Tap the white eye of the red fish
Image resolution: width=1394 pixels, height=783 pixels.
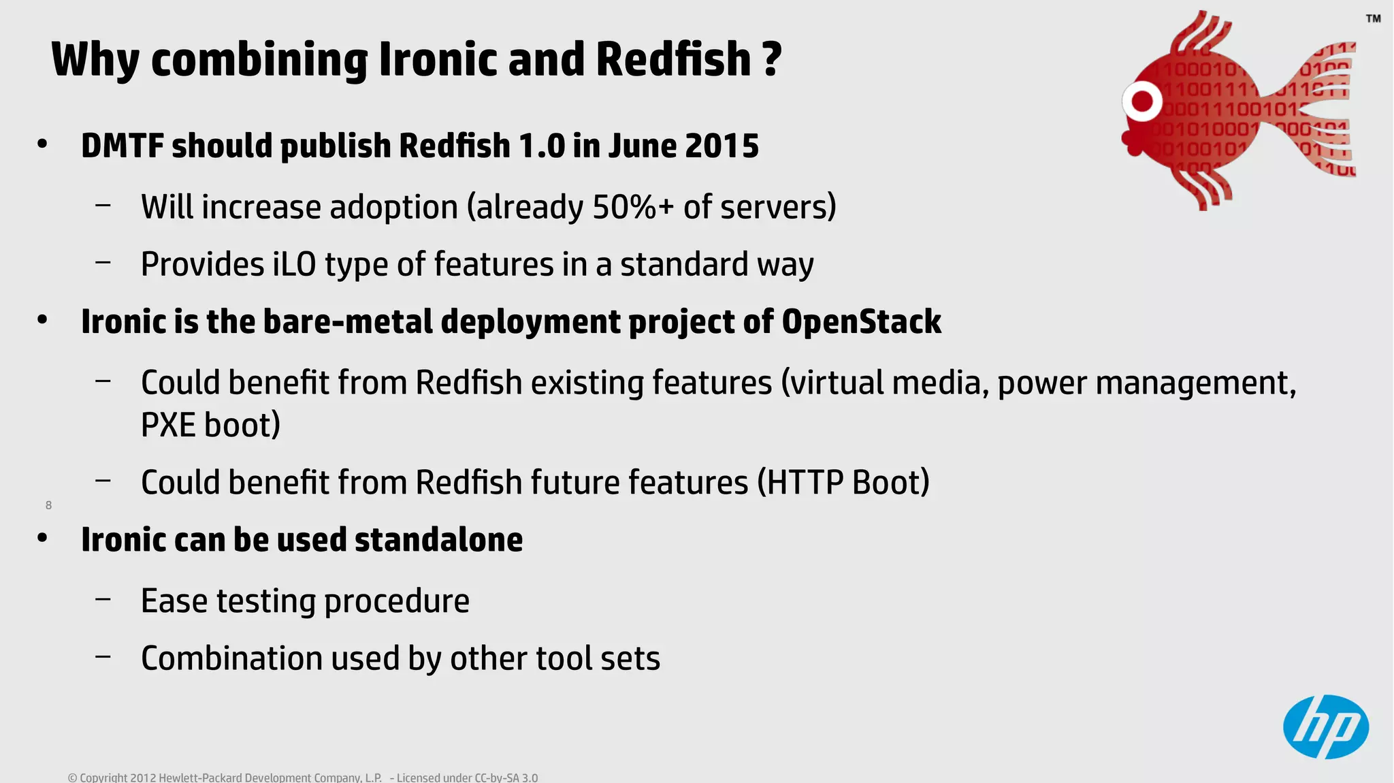pyautogui.click(x=1142, y=102)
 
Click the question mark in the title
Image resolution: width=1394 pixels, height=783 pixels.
pyautogui.click(x=772, y=59)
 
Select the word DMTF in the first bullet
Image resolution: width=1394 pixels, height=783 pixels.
pyautogui.click(x=122, y=146)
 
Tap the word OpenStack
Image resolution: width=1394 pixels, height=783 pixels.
pyautogui.click(x=861, y=321)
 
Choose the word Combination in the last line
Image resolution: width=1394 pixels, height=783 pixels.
pyautogui.click(x=231, y=658)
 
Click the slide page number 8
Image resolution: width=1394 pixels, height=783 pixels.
pyautogui.click(x=48, y=505)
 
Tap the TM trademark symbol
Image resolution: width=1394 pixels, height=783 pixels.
pyautogui.click(x=1373, y=18)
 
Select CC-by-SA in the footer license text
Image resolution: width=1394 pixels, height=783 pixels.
pyautogui.click(x=496, y=778)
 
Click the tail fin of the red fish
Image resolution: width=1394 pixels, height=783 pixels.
pyautogui.click(x=1324, y=109)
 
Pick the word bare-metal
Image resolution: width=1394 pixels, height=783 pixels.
pyautogui.click(x=348, y=321)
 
